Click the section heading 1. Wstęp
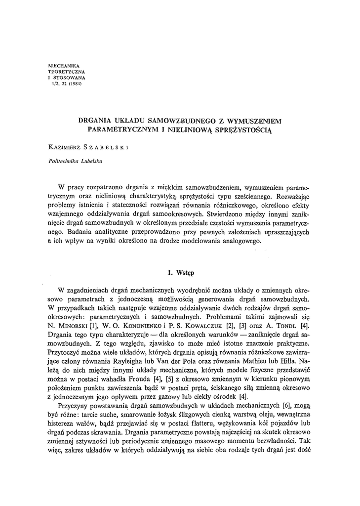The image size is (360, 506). point(179,272)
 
